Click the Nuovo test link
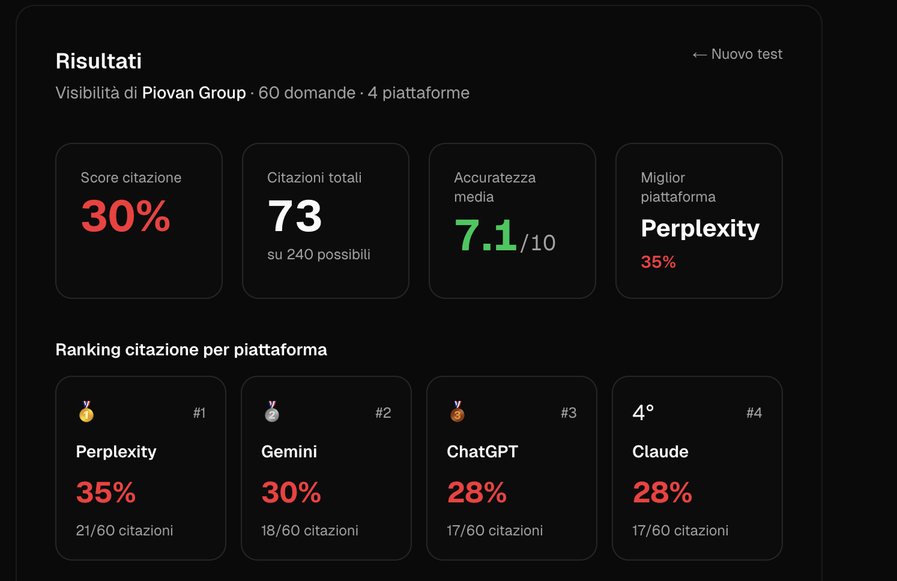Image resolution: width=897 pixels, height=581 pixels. (737, 54)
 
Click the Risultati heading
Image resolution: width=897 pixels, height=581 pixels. (98, 61)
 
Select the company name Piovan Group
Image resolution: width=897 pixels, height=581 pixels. (194, 93)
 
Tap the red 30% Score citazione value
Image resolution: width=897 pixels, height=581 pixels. (125, 216)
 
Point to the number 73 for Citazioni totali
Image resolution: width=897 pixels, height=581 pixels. (294, 216)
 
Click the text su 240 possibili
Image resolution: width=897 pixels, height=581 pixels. (319, 254)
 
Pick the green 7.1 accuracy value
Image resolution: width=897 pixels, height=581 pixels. (485, 235)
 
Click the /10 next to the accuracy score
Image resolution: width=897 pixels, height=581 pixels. (538, 242)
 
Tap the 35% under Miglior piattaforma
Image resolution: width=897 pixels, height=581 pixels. (658, 262)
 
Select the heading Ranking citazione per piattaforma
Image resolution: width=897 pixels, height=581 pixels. (191, 349)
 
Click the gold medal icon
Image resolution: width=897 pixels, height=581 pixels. (86, 412)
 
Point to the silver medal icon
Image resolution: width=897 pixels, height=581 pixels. (272, 412)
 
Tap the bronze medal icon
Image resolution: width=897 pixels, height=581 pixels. (458, 412)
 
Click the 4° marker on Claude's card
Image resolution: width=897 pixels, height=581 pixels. (643, 412)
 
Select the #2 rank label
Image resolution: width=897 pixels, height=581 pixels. (383, 412)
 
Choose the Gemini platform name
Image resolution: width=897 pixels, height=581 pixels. (289, 452)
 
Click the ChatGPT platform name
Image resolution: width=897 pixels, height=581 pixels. (482, 452)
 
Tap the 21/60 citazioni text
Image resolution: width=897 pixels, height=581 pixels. (124, 530)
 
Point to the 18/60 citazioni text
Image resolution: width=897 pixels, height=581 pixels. (310, 530)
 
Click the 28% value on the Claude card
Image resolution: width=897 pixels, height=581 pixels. (662, 492)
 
